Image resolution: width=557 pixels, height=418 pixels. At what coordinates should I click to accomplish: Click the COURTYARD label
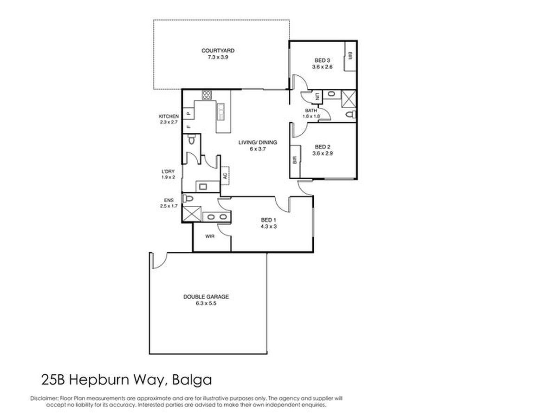coord(218,51)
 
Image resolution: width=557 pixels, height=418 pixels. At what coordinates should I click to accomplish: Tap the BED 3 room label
coord(322,60)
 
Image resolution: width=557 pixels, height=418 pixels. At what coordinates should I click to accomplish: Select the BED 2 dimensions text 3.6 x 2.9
coord(322,153)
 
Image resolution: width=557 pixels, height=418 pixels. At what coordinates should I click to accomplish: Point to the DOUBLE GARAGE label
coord(206,297)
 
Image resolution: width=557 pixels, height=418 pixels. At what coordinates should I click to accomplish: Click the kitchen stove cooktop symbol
coord(207,95)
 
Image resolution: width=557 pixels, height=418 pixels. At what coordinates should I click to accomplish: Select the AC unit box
coord(225,176)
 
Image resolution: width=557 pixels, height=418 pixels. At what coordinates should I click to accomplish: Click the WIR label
coord(210,236)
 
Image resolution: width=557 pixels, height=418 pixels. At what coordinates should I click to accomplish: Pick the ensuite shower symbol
coord(192,214)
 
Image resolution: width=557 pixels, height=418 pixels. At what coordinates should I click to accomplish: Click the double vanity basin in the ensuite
coord(216,217)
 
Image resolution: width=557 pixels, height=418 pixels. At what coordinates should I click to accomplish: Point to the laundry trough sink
coord(203,187)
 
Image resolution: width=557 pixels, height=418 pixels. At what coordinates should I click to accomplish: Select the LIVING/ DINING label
coord(258,143)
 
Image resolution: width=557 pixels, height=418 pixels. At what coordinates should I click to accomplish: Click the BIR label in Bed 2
coord(295,160)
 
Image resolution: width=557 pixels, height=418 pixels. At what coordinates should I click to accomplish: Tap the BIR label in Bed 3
coord(350,56)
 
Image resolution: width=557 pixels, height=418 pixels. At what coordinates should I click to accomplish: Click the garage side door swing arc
coord(162,263)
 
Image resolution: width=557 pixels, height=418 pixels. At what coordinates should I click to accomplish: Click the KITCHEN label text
coord(168,116)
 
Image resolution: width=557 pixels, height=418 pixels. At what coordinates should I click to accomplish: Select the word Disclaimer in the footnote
coord(45,398)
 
